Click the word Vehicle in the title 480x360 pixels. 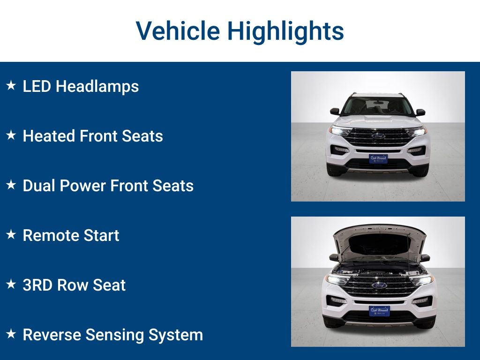coord(178,31)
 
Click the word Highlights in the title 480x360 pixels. coord(285,31)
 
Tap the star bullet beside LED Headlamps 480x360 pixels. coord(11,86)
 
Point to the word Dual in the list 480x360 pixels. coord(38,186)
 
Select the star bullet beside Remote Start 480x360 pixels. coord(11,235)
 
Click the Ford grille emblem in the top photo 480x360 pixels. coord(378,136)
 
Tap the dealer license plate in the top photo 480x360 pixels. coord(378,158)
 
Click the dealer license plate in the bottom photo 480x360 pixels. coord(379,311)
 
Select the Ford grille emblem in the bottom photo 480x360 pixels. coord(379,285)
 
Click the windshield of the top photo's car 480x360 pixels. coord(378,106)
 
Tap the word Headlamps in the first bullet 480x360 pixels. coord(97,86)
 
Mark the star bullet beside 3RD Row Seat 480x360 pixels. coord(11,285)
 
